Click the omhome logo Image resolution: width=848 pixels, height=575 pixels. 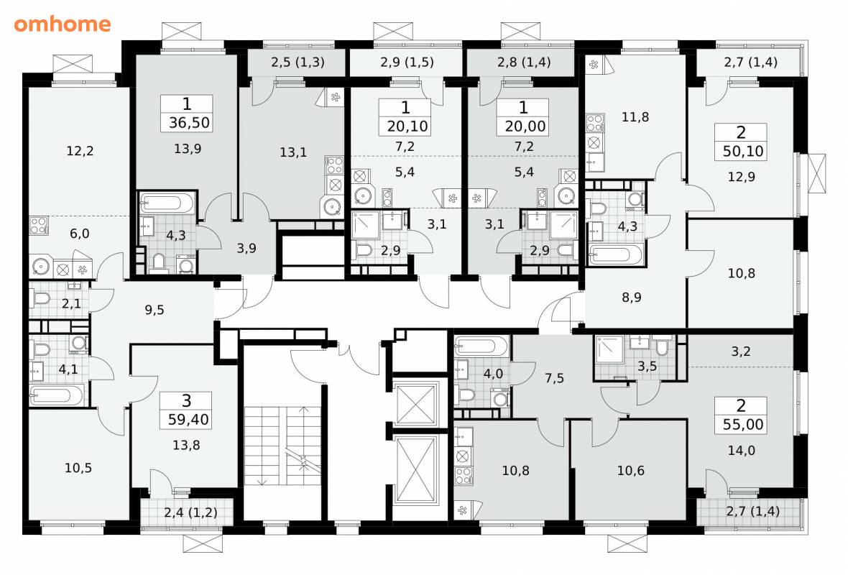click(63, 24)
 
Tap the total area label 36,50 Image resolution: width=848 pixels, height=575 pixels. click(189, 123)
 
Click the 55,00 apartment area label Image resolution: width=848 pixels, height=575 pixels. click(743, 425)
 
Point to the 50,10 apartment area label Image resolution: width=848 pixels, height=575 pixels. click(743, 151)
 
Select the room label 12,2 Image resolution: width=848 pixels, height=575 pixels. click(80, 151)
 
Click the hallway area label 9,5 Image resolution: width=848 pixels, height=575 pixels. click(154, 310)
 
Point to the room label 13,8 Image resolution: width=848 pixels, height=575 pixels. click(186, 445)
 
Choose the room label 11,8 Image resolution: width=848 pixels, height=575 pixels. click(635, 117)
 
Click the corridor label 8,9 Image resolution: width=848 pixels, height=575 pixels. click(632, 297)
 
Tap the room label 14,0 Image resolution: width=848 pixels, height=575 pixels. click(742, 450)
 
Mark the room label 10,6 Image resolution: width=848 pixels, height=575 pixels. click(630, 471)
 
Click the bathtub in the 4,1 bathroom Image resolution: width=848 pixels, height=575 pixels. click(57, 395)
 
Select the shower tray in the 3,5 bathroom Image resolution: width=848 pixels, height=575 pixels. click(609, 350)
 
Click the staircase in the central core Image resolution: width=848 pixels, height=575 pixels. click(282, 446)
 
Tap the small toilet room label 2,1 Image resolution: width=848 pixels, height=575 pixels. click(71, 304)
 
